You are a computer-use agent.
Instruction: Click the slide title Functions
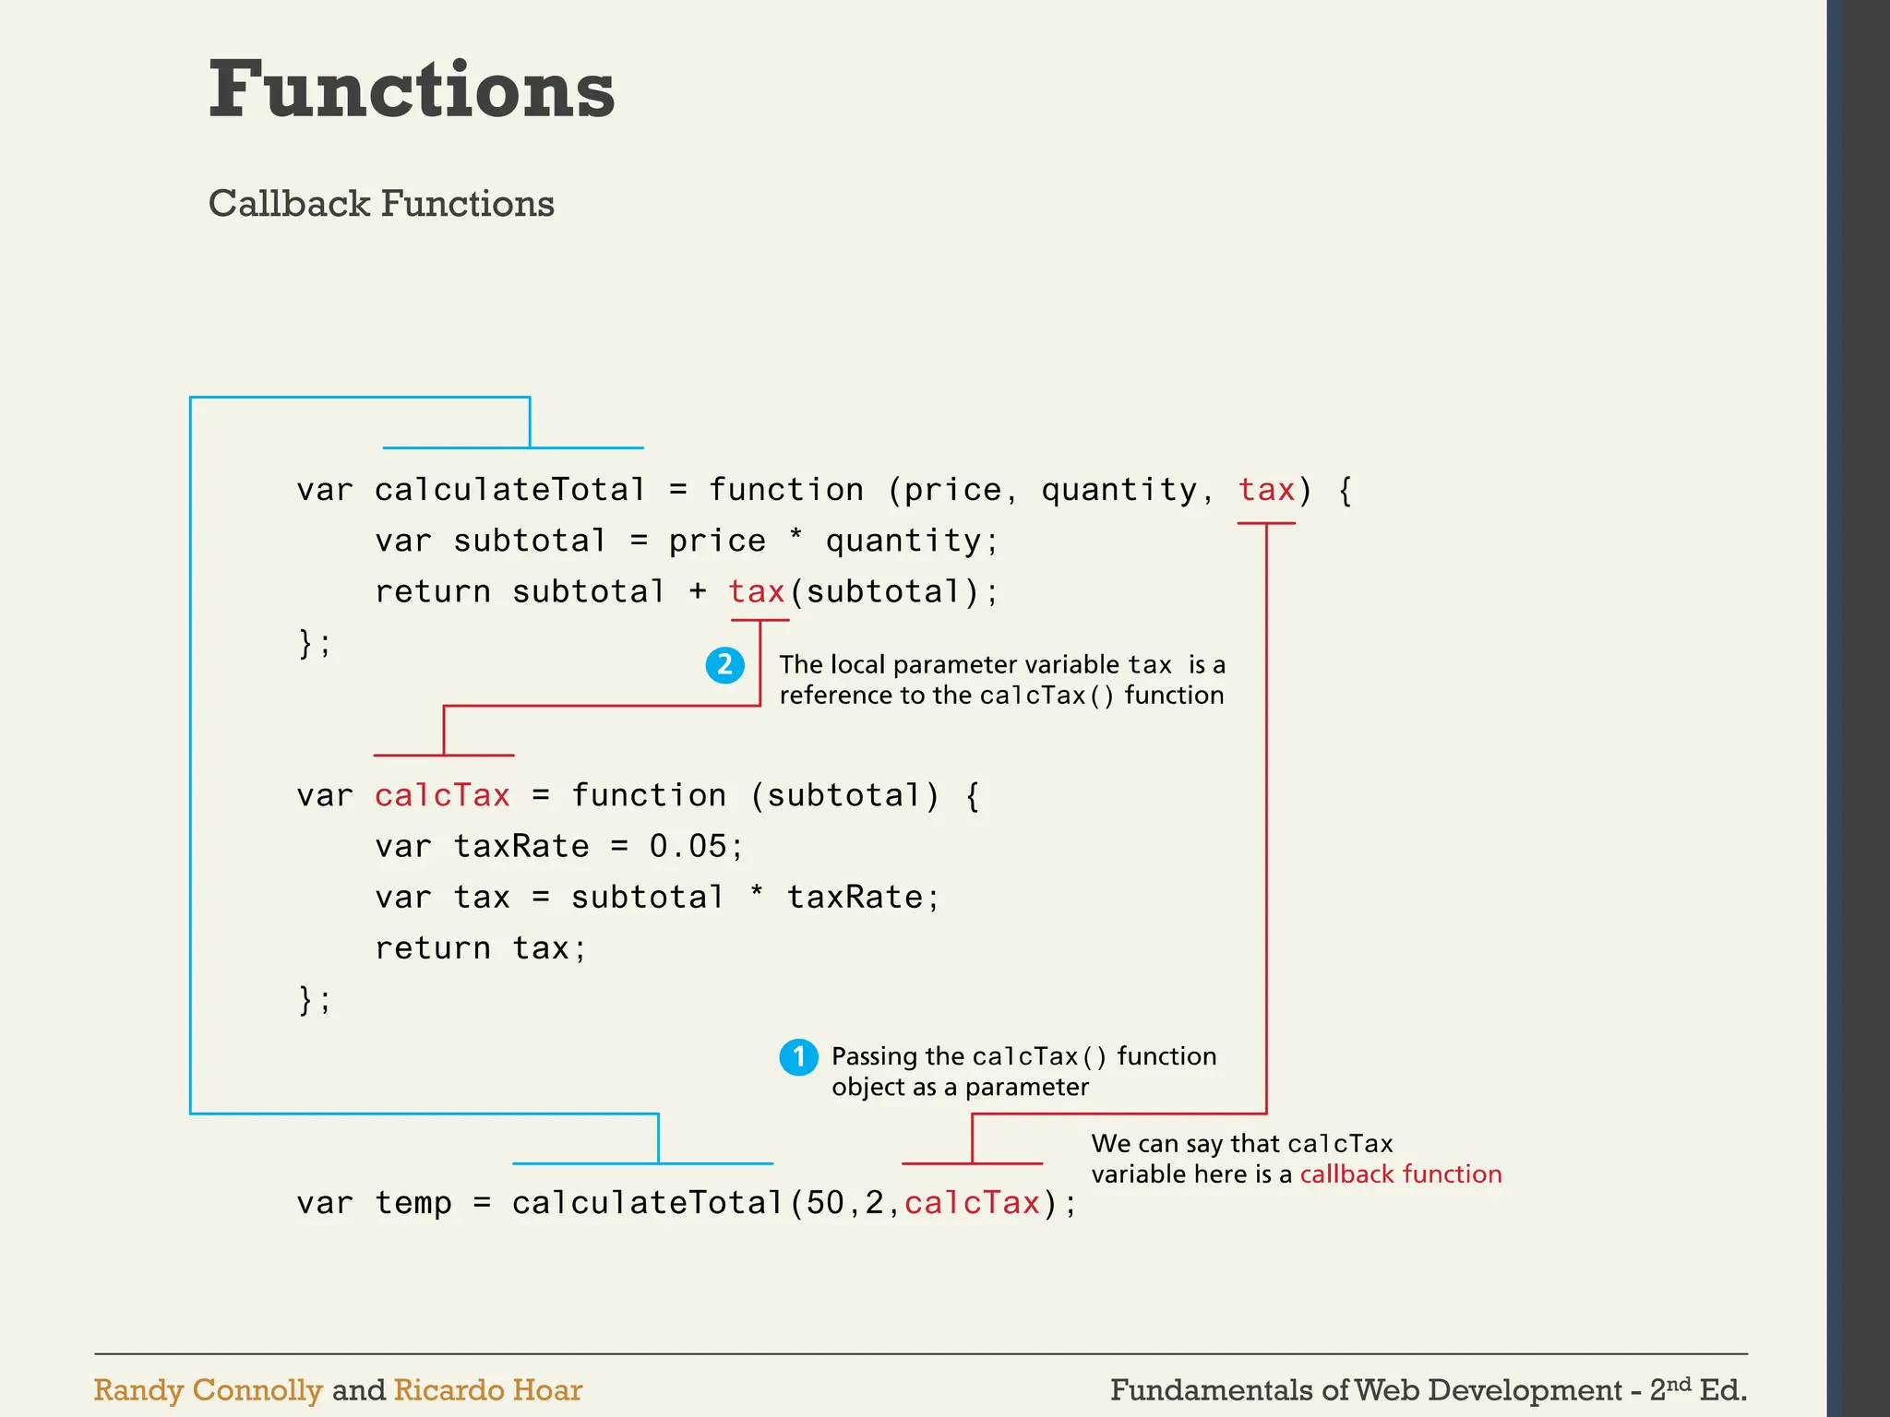[412, 89]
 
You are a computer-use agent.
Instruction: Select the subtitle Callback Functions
[381, 204]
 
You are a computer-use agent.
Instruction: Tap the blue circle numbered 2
[725, 665]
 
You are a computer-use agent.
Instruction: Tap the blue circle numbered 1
[798, 1057]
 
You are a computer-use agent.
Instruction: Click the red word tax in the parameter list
[1266, 490]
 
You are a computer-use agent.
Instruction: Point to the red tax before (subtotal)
[756, 592]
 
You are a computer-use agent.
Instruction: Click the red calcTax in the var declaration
[442, 796]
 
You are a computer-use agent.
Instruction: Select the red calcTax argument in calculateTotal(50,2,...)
[972, 1203]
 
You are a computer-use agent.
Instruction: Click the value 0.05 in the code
[688, 847]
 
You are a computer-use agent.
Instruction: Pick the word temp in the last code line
[413, 1203]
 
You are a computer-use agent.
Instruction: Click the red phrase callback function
[1400, 1174]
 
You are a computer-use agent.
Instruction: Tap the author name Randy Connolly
[208, 1390]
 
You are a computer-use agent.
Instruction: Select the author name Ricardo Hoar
[487, 1390]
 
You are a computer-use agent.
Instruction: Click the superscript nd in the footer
[1679, 1383]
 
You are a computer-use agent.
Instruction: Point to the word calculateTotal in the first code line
[509, 490]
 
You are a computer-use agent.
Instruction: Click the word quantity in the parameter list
[1118, 490]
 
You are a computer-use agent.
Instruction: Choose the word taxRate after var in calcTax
[520, 847]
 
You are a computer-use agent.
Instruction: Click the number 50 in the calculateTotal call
[825, 1203]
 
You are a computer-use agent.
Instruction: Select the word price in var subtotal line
[717, 542]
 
